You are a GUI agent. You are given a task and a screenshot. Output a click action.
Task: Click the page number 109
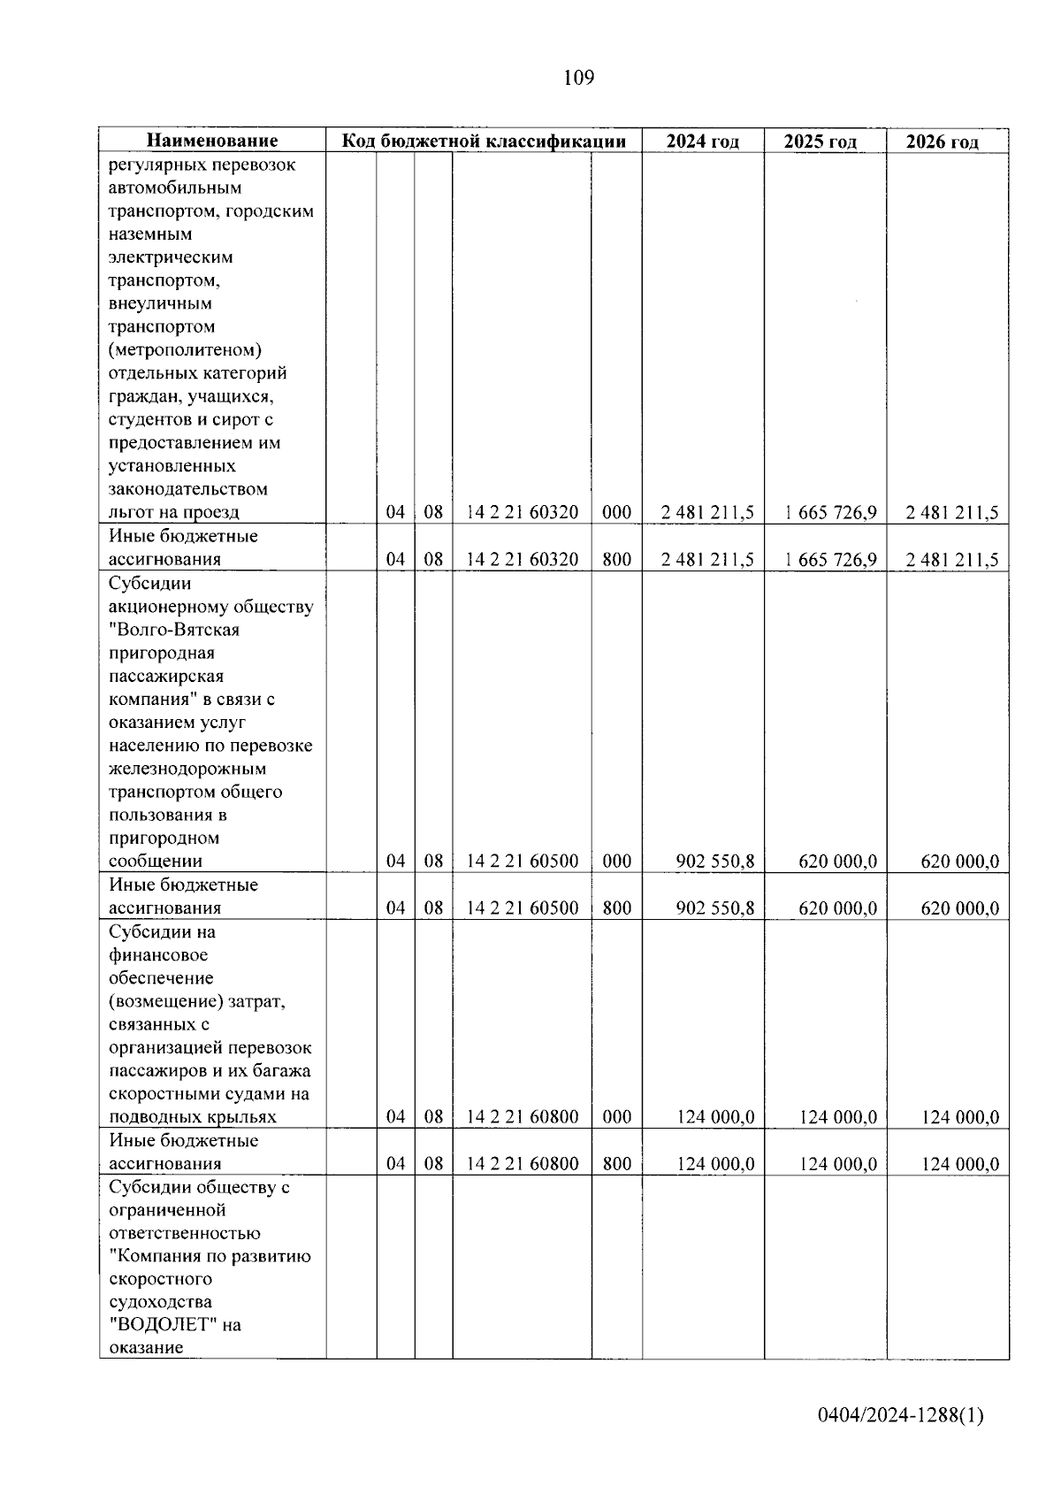pyautogui.click(x=578, y=79)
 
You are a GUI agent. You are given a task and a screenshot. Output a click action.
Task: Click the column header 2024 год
pyautogui.click(x=702, y=142)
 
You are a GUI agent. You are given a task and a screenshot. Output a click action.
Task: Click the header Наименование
pyautogui.click(x=212, y=141)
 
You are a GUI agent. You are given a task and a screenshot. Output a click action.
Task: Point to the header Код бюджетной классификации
pyautogui.click(x=484, y=141)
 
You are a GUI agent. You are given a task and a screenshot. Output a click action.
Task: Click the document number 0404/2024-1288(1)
pyautogui.click(x=900, y=1415)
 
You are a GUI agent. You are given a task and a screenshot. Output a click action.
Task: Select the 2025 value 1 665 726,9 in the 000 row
pyautogui.click(x=830, y=512)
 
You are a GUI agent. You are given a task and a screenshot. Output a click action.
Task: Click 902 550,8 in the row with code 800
pyautogui.click(x=714, y=907)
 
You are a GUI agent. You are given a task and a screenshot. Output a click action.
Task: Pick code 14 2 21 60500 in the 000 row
pyautogui.click(x=522, y=861)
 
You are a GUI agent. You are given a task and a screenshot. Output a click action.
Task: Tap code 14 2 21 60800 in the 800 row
pyautogui.click(x=522, y=1163)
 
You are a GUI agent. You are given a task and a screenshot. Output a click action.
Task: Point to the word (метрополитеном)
pyautogui.click(x=185, y=350)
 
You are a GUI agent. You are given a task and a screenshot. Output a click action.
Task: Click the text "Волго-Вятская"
pyautogui.click(x=174, y=630)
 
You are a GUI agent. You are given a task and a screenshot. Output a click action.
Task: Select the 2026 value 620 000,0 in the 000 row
pyautogui.click(x=959, y=861)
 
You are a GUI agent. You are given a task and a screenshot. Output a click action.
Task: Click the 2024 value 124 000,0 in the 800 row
pyautogui.click(x=715, y=1163)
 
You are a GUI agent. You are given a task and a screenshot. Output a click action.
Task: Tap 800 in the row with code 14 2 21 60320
pyautogui.click(x=616, y=559)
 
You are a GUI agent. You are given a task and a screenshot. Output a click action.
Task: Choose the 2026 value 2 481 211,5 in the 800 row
pyautogui.click(x=952, y=559)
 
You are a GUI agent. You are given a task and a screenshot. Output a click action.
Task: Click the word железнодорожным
pyautogui.click(x=187, y=769)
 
